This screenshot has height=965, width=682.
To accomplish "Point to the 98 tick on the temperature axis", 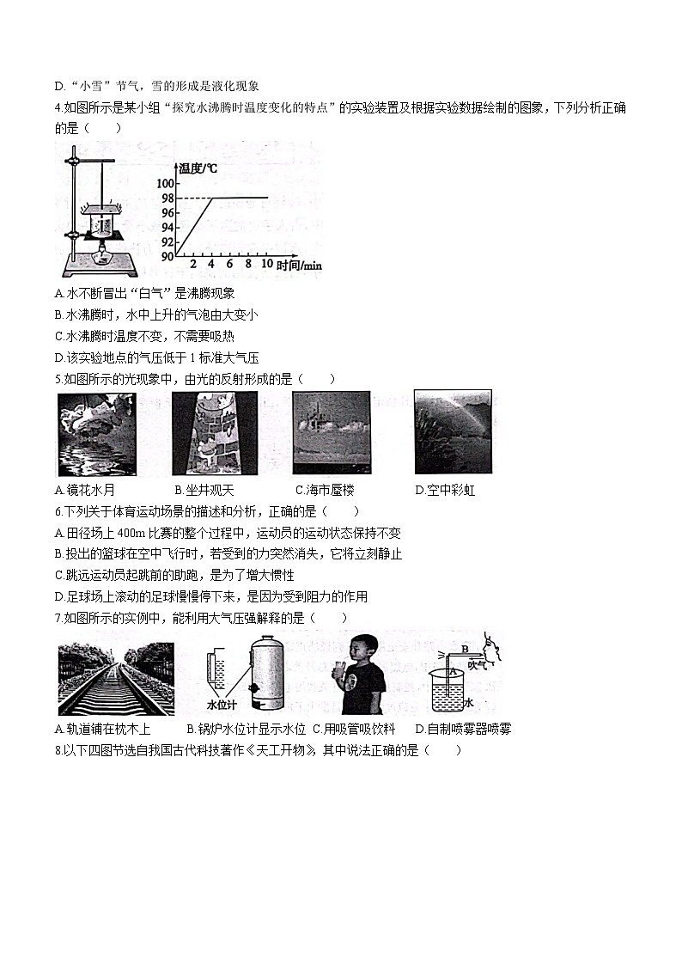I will click(167, 198).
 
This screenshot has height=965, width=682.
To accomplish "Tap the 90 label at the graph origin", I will click(167, 256).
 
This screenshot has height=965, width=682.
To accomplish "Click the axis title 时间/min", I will click(299, 266).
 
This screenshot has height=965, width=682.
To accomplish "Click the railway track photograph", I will click(116, 679).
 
